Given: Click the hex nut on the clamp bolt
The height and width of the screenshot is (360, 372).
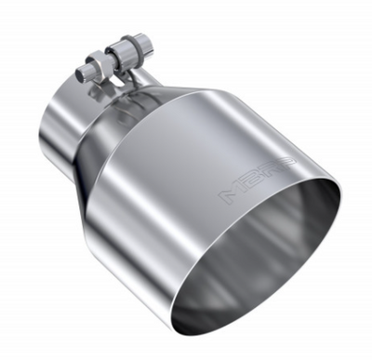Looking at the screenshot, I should (94, 66).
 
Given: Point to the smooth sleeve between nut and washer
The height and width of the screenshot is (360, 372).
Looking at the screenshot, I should (108, 56).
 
